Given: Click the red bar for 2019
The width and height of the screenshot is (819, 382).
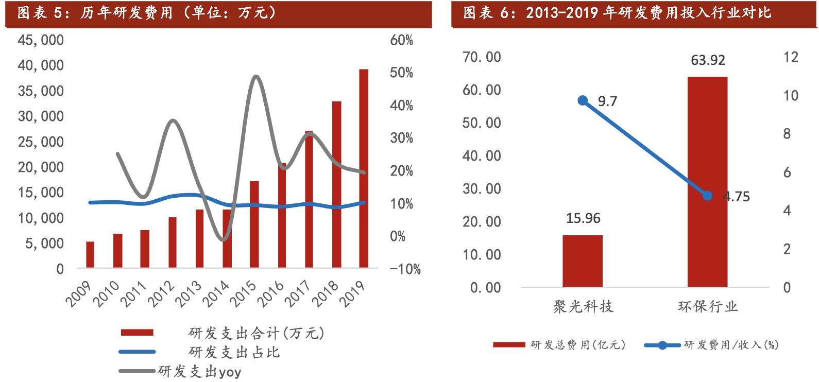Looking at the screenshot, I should (x=364, y=168).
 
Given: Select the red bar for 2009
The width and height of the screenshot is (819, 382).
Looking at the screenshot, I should (x=90, y=255).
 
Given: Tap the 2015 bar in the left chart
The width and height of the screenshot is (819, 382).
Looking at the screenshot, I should (x=254, y=224).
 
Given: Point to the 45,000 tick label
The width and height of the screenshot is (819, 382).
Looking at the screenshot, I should (x=41, y=40).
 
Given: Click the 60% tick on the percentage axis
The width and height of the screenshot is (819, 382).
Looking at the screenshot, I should (x=402, y=40).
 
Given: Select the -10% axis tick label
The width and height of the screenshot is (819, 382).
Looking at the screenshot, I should (x=405, y=269).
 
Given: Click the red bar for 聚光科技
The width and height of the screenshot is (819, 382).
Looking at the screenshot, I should (x=583, y=261).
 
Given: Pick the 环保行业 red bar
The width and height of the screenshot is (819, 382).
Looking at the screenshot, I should (x=707, y=182).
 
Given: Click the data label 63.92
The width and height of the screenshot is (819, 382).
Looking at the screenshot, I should (x=708, y=60).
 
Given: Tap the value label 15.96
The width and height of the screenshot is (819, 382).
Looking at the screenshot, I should (x=583, y=218).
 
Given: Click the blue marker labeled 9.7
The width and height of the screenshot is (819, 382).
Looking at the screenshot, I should (x=583, y=100).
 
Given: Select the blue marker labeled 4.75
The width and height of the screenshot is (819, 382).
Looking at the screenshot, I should (x=707, y=196).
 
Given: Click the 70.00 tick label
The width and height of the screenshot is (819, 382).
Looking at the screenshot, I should (x=482, y=57).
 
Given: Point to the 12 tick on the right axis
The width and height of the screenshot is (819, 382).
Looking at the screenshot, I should (x=791, y=57).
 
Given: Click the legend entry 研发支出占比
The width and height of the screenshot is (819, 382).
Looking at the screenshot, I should (x=234, y=352).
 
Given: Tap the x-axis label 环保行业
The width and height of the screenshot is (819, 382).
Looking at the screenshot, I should (x=707, y=307).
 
